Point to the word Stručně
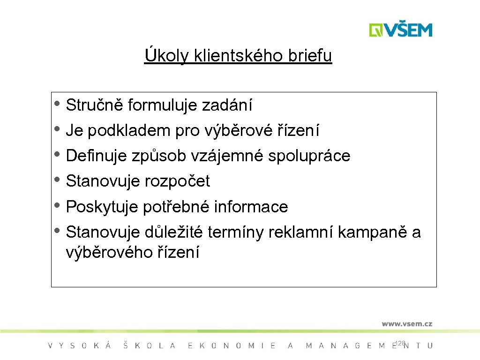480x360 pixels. (x=95, y=105)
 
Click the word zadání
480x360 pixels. (x=227, y=105)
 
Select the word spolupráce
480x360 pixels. (x=309, y=156)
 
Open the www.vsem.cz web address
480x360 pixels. (x=406, y=323)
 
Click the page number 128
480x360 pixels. (x=400, y=344)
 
